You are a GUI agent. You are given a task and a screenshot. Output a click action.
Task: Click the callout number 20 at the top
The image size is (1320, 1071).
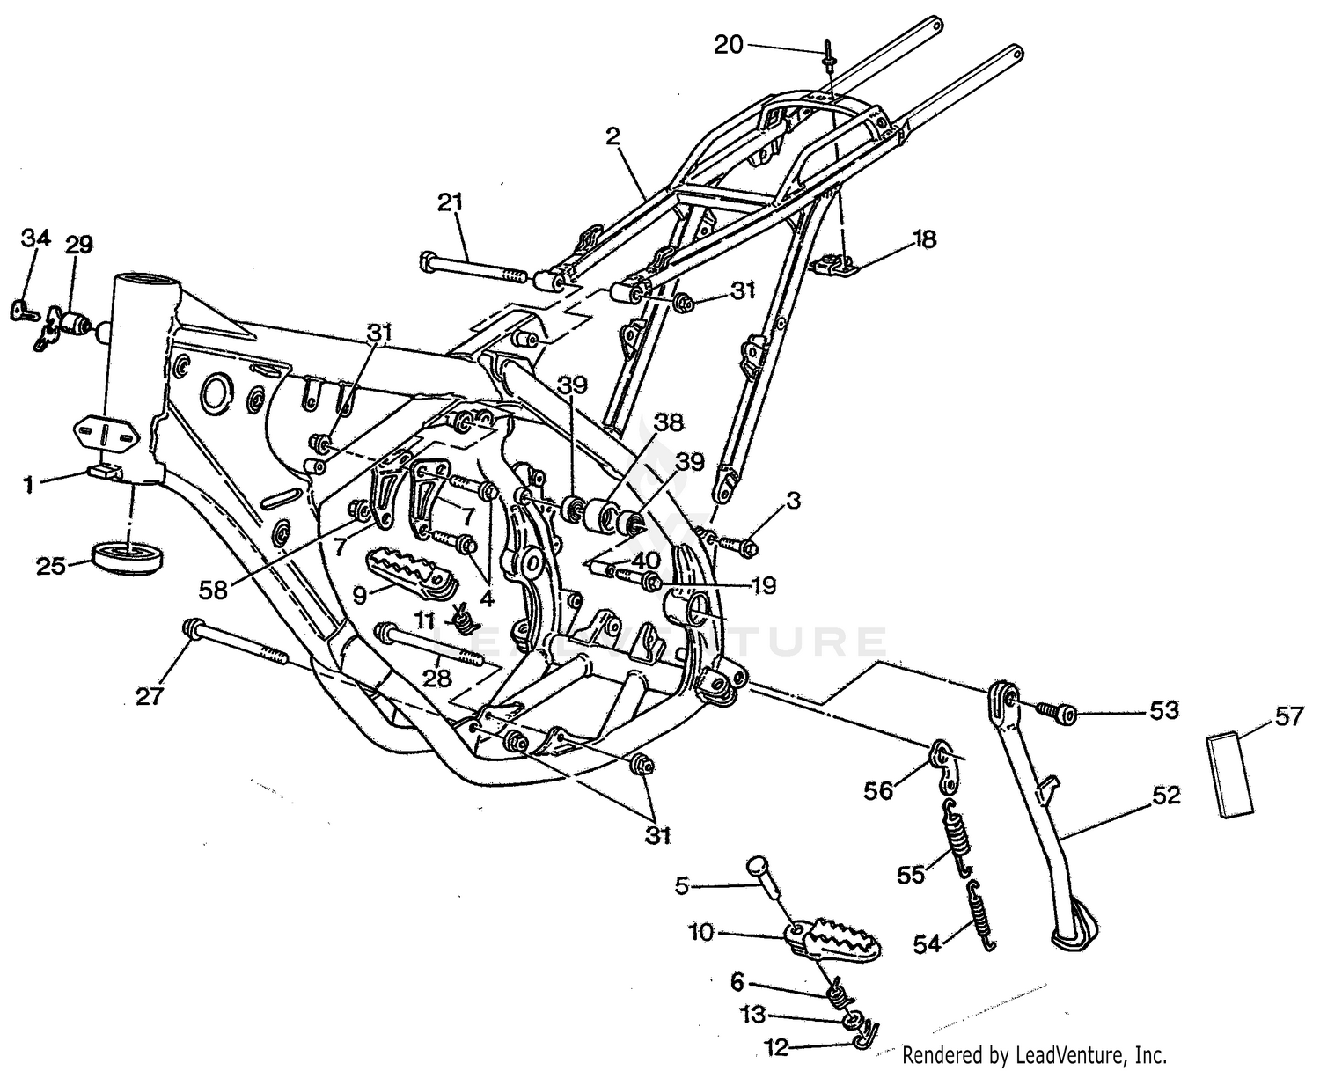(x=729, y=45)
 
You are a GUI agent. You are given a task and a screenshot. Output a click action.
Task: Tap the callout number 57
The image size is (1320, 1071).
(x=1288, y=717)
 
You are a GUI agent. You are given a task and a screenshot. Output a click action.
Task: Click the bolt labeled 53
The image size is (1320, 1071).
(x=1056, y=712)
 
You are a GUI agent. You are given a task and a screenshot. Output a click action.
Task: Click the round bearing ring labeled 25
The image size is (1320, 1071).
(x=128, y=558)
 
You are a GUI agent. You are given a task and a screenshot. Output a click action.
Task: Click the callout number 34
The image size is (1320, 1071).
(x=36, y=238)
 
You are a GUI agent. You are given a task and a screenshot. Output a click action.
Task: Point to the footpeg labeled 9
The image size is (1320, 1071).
(x=404, y=569)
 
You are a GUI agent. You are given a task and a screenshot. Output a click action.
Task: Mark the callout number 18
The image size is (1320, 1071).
(x=924, y=239)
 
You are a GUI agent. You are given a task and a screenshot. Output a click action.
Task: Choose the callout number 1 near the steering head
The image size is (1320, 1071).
(x=29, y=483)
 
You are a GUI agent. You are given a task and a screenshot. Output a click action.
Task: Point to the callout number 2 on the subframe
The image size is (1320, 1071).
(x=612, y=136)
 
